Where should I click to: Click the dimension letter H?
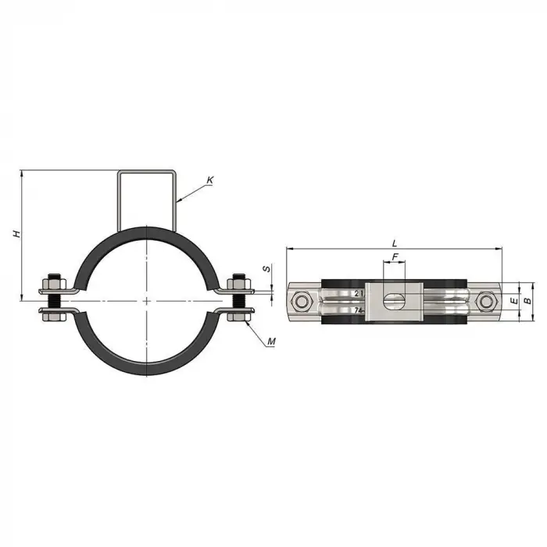pyautogui.click(x=16, y=234)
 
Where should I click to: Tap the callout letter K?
pyautogui.click(x=209, y=181)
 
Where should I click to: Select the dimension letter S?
pyautogui.click(x=266, y=269)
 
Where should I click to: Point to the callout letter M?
pyautogui.click(x=271, y=341)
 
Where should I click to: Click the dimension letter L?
pyautogui.click(x=395, y=244)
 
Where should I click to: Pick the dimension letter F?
pyautogui.click(x=395, y=257)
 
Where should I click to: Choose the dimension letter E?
pyautogui.click(x=514, y=300)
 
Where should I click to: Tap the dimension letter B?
pyautogui.click(x=528, y=300)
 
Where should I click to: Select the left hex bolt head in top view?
pyautogui.click(x=301, y=302)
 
